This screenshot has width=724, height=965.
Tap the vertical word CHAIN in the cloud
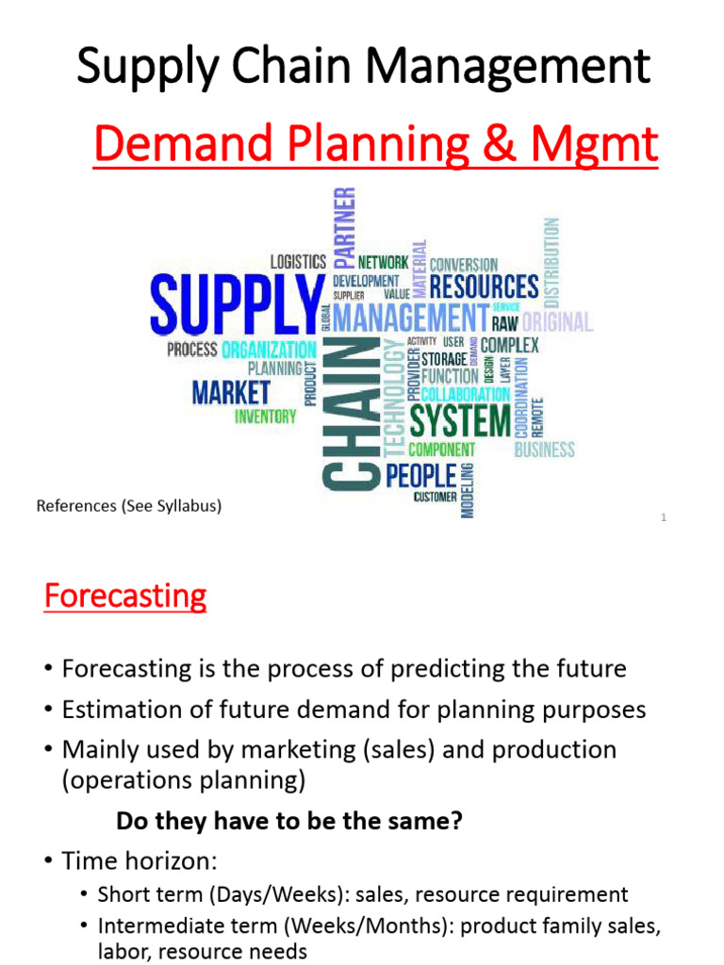tap(351, 415)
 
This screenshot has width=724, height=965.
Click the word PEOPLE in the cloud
tap(421, 475)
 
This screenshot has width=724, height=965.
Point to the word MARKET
tap(231, 392)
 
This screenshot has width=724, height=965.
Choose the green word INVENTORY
tap(265, 416)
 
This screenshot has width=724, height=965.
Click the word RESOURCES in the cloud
tap(484, 286)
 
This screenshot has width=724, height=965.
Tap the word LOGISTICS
tap(298, 262)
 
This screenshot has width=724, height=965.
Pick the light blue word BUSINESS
tap(544, 450)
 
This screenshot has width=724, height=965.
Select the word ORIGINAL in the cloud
tap(557, 321)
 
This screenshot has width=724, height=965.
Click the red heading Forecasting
tap(124, 597)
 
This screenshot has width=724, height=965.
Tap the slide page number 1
tap(664, 517)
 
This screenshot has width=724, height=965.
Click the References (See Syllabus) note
tap(128, 506)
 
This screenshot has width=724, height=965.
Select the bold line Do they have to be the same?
tap(288, 821)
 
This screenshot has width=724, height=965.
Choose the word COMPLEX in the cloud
tap(509, 345)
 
